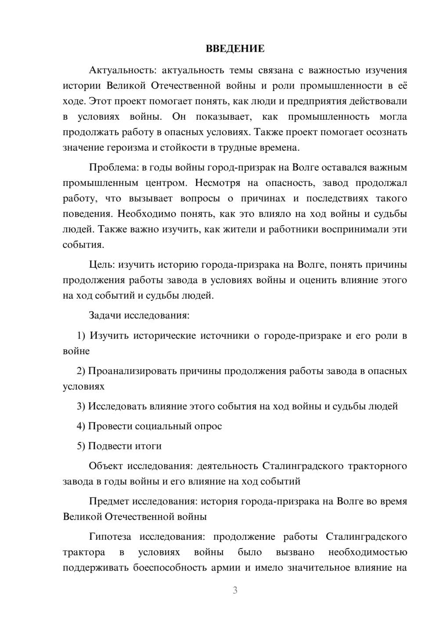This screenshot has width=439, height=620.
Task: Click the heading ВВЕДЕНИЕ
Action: (x=235, y=49)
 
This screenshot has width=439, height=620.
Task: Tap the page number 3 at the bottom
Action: (x=235, y=590)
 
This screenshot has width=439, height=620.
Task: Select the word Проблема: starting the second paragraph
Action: (x=112, y=167)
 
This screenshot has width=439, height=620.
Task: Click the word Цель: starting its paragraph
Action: (x=102, y=264)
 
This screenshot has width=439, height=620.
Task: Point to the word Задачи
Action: (x=105, y=315)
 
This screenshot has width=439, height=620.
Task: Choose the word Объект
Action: (x=105, y=466)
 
